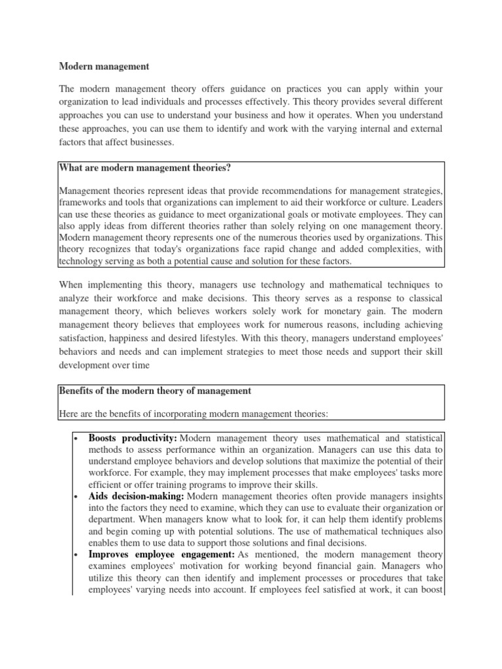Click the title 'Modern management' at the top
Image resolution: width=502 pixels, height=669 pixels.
105,67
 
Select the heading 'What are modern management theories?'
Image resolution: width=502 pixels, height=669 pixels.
145,169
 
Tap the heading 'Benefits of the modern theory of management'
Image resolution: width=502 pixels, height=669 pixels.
155,391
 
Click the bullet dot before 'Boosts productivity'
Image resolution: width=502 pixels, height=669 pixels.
76,438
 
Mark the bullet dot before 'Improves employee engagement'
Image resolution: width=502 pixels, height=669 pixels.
76,555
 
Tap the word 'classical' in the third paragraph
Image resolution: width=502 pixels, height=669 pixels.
424,298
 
